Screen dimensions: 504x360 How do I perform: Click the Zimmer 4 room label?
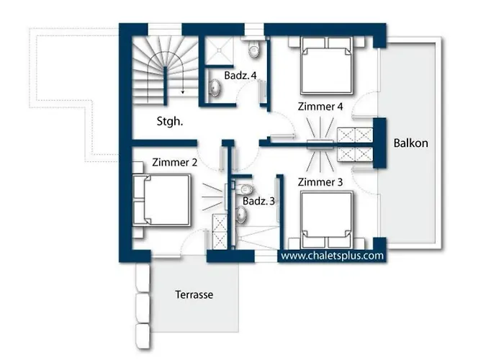[320, 107]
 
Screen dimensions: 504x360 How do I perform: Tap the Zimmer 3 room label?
[320, 182]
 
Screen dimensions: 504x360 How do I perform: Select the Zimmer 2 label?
[174, 162]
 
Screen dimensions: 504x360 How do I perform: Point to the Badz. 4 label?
[240, 76]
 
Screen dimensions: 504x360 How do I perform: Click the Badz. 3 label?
[258, 201]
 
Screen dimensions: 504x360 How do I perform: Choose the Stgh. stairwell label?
[170, 122]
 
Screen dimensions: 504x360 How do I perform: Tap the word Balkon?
[411, 143]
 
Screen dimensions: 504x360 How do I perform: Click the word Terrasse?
[194, 294]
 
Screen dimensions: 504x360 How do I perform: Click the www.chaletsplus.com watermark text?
[333, 256]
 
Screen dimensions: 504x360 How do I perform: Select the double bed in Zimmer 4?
[327, 66]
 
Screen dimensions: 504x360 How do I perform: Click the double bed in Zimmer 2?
[162, 200]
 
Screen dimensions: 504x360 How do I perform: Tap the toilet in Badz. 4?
[253, 48]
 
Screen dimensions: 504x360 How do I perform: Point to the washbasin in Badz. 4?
[215, 87]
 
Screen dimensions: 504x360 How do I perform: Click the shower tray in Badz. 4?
[219, 50]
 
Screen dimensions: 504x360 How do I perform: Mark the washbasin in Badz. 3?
[241, 214]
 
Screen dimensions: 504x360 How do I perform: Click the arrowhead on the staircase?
[183, 92]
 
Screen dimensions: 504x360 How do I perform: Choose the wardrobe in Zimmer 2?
[220, 232]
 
